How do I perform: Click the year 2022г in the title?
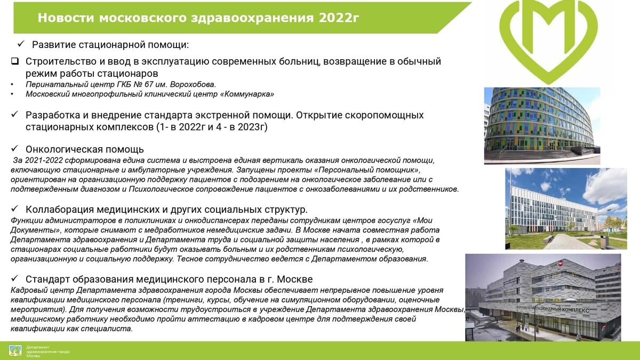(x=339, y=18)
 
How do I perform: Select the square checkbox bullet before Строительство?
(x=15, y=61)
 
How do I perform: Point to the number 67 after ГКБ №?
(x=150, y=85)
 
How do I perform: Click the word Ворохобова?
(x=193, y=85)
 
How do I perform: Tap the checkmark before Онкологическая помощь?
(x=14, y=149)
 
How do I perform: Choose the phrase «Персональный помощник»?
(x=367, y=170)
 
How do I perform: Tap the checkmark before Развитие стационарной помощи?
(x=21, y=44)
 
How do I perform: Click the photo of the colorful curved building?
(x=542, y=126)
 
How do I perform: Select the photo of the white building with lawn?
(x=566, y=209)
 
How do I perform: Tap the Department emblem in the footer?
(x=15, y=350)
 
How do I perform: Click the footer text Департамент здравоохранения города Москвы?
(x=48, y=351)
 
